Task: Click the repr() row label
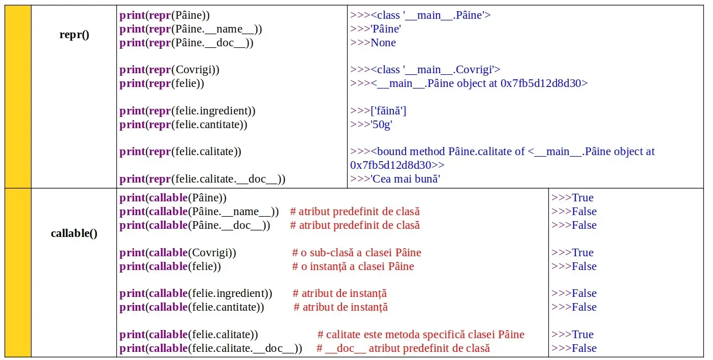pos(74,35)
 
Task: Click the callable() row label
pos(74,233)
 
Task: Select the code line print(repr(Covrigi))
pos(169,70)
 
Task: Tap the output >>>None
pos(373,43)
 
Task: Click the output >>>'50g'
pos(371,125)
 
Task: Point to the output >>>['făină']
pos(378,111)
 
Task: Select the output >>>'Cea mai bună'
pos(395,179)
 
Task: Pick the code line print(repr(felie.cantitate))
pos(183,125)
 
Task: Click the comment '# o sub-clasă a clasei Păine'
pos(356,253)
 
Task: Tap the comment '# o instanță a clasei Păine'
pos(353,266)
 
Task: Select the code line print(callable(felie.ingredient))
pos(196,293)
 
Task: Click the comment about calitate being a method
pos(420,335)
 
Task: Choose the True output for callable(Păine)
pos(572,198)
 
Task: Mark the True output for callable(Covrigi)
pos(572,253)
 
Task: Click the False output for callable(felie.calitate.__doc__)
pos(574,348)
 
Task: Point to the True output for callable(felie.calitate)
pos(572,335)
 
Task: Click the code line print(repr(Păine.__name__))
pos(191,29)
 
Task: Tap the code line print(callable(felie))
pos(170,266)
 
